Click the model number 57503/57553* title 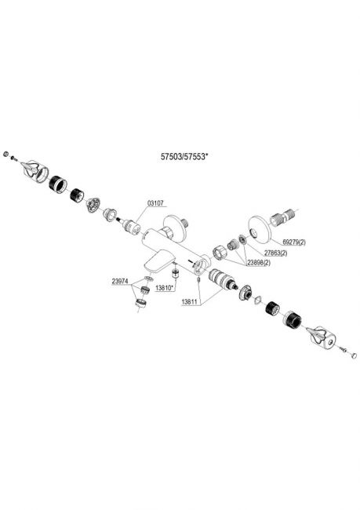[184, 157]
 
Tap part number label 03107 [155, 203]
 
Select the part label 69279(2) [294, 242]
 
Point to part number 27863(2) [275, 253]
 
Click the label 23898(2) [259, 263]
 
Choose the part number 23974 [120, 282]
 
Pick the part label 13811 [190, 302]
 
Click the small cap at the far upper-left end [5, 154]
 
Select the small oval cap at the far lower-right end [353, 355]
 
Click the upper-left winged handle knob [35, 170]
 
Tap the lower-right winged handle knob [321, 337]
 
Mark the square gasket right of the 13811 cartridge [257, 300]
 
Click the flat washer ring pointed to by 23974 [148, 279]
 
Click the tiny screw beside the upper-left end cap [13, 158]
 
